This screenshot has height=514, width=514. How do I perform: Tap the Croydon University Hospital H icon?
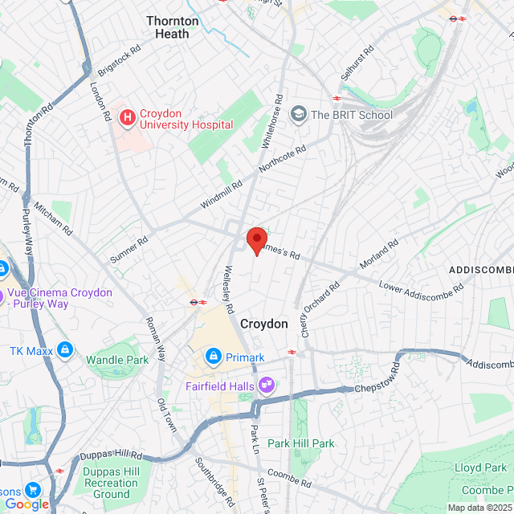pyautogui.click(x=127, y=118)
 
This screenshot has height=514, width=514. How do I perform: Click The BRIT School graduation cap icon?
pyautogui.click(x=299, y=114)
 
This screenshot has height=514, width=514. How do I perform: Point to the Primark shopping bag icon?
pyautogui.click(x=213, y=356)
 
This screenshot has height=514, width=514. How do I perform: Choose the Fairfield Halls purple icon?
pyautogui.click(x=265, y=386)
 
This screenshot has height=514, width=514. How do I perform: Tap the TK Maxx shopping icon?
pyautogui.click(x=65, y=351)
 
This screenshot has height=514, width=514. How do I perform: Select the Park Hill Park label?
pyautogui.click(x=301, y=443)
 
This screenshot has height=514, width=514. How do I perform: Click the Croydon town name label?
pyautogui.click(x=263, y=324)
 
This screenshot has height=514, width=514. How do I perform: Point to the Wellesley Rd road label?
pyautogui.click(x=229, y=290)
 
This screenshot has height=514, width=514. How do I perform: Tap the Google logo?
pyautogui.click(x=27, y=504)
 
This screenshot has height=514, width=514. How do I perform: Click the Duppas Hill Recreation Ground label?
pyautogui.click(x=111, y=483)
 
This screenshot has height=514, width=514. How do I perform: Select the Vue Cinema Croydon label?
pyautogui.click(x=58, y=299)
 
